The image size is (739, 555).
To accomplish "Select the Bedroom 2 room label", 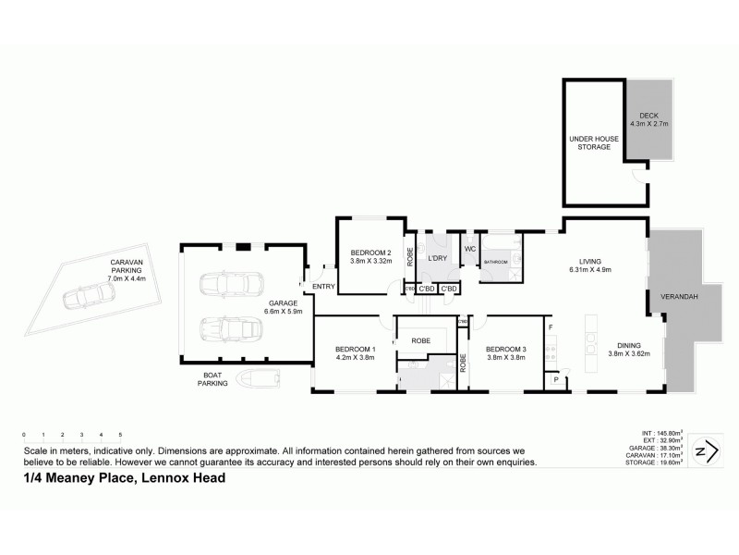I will (x=370, y=253).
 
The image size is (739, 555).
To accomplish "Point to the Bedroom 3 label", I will (x=505, y=348).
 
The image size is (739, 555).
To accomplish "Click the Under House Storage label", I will (x=589, y=142).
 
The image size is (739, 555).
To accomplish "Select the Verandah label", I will (x=678, y=297).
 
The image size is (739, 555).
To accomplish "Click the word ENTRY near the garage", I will (x=323, y=287).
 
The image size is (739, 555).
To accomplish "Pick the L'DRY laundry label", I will (x=436, y=258).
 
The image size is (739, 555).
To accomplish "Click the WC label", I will (x=469, y=249).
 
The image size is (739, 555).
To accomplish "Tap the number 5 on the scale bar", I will (x=120, y=434).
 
